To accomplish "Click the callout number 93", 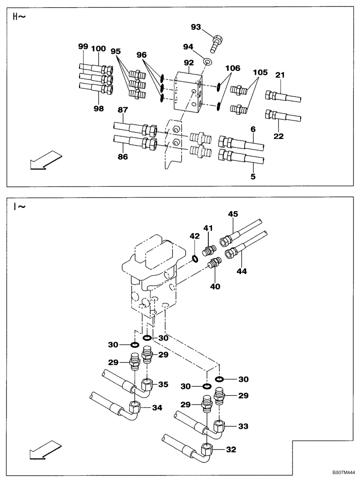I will [x=196, y=27].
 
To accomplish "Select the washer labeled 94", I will [x=207, y=62].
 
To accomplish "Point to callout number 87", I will [x=123, y=110].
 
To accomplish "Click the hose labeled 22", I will [x=285, y=116].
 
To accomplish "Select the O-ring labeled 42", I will [x=195, y=259].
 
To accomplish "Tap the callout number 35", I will [x=163, y=384].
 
